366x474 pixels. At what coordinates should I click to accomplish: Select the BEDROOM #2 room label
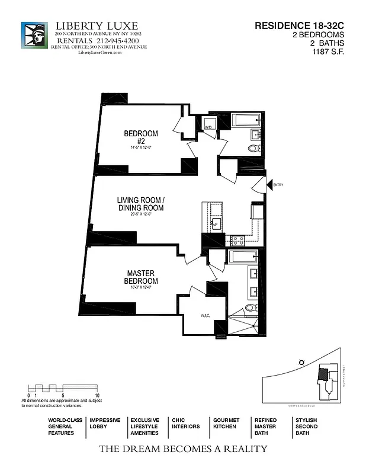[141, 137]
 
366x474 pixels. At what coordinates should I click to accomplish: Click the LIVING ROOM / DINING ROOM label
[140, 204]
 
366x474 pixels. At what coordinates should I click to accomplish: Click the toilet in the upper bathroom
[253, 149]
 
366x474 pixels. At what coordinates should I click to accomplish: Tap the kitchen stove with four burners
[237, 241]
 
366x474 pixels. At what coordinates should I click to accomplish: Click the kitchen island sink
[216, 223]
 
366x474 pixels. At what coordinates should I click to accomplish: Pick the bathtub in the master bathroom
[243, 256]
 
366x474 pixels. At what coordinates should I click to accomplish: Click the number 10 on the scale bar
[97, 395]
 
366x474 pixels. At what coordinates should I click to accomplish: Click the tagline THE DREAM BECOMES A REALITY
[182, 449]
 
